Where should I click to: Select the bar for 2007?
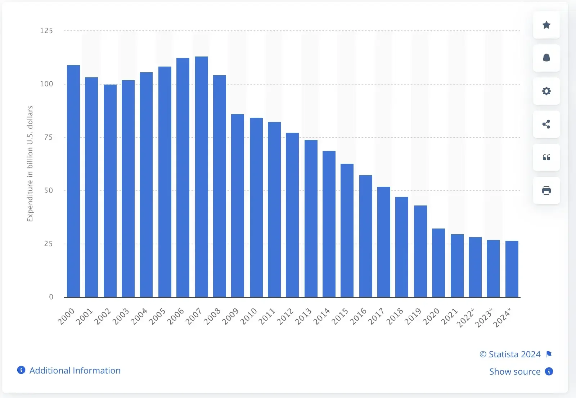point(202,177)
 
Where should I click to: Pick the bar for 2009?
point(238,205)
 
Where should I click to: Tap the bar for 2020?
point(438,263)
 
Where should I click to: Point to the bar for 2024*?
point(512,269)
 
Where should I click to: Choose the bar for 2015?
point(347,230)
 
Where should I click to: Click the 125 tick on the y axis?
point(46,31)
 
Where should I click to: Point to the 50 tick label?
point(49,190)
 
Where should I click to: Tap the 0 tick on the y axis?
point(51,297)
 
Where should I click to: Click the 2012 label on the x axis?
point(285,316)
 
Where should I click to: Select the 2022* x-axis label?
point(465,317)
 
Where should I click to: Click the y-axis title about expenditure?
point(30,164)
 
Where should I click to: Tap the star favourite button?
point(546,25)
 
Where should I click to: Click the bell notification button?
point(546,58)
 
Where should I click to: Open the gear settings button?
point(546,91)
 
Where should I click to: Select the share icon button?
point(546,124)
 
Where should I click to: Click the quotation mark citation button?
point(546,157)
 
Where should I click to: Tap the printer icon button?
point(546,190)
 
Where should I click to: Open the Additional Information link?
point(75,370)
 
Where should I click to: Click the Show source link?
point(515,371)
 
